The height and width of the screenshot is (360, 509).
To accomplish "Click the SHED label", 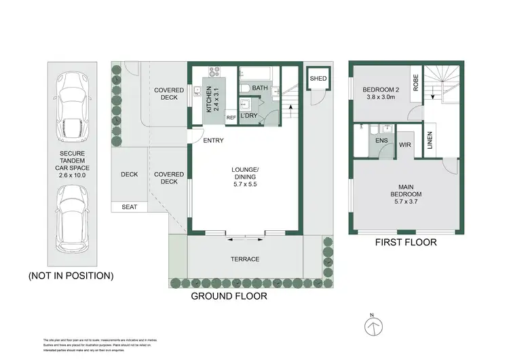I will click(318, 79).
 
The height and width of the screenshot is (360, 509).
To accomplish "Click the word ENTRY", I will click(214, 141).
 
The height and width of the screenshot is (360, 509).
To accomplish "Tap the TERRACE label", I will click(245, 259).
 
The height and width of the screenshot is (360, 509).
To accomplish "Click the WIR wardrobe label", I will click(406, 145).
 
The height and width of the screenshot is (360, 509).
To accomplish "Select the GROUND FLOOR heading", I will click(229, 296).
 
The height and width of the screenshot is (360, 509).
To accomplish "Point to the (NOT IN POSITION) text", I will click(71, 276).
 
